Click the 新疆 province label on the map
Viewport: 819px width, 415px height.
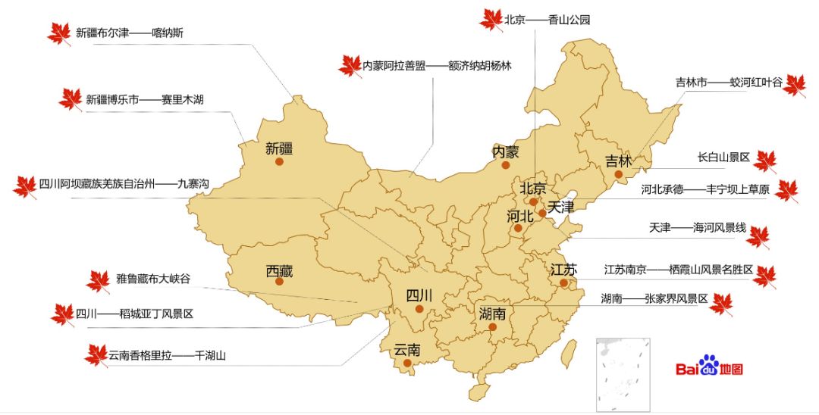(x=279, y=148)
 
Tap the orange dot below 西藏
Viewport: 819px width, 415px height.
(x=280, y=282)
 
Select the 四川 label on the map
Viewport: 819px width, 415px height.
(x=419, y=295)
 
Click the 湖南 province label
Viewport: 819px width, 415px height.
(x=492, y=314)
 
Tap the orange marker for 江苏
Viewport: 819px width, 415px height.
(x=564, y=283)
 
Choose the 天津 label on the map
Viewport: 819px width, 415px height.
(x=562, y=206)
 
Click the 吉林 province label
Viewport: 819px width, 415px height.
(x=618, y=161)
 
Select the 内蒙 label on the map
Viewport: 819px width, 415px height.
(x=506, y=151)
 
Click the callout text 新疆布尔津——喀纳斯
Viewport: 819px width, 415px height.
(x=129, y=33)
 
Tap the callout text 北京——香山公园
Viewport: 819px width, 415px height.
(x=547, y=20)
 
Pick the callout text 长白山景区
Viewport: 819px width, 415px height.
(x=723, y=158)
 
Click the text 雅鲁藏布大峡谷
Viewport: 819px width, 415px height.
(x=153, y=279)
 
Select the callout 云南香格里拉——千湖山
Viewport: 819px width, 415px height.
(x=168, y=354)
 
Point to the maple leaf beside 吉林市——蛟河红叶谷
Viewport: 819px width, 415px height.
(x=794, y=85)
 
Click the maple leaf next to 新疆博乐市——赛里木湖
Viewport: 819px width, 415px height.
(x=70, y=99)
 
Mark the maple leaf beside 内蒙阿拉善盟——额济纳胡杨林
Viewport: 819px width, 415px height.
(x=350, y=66)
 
